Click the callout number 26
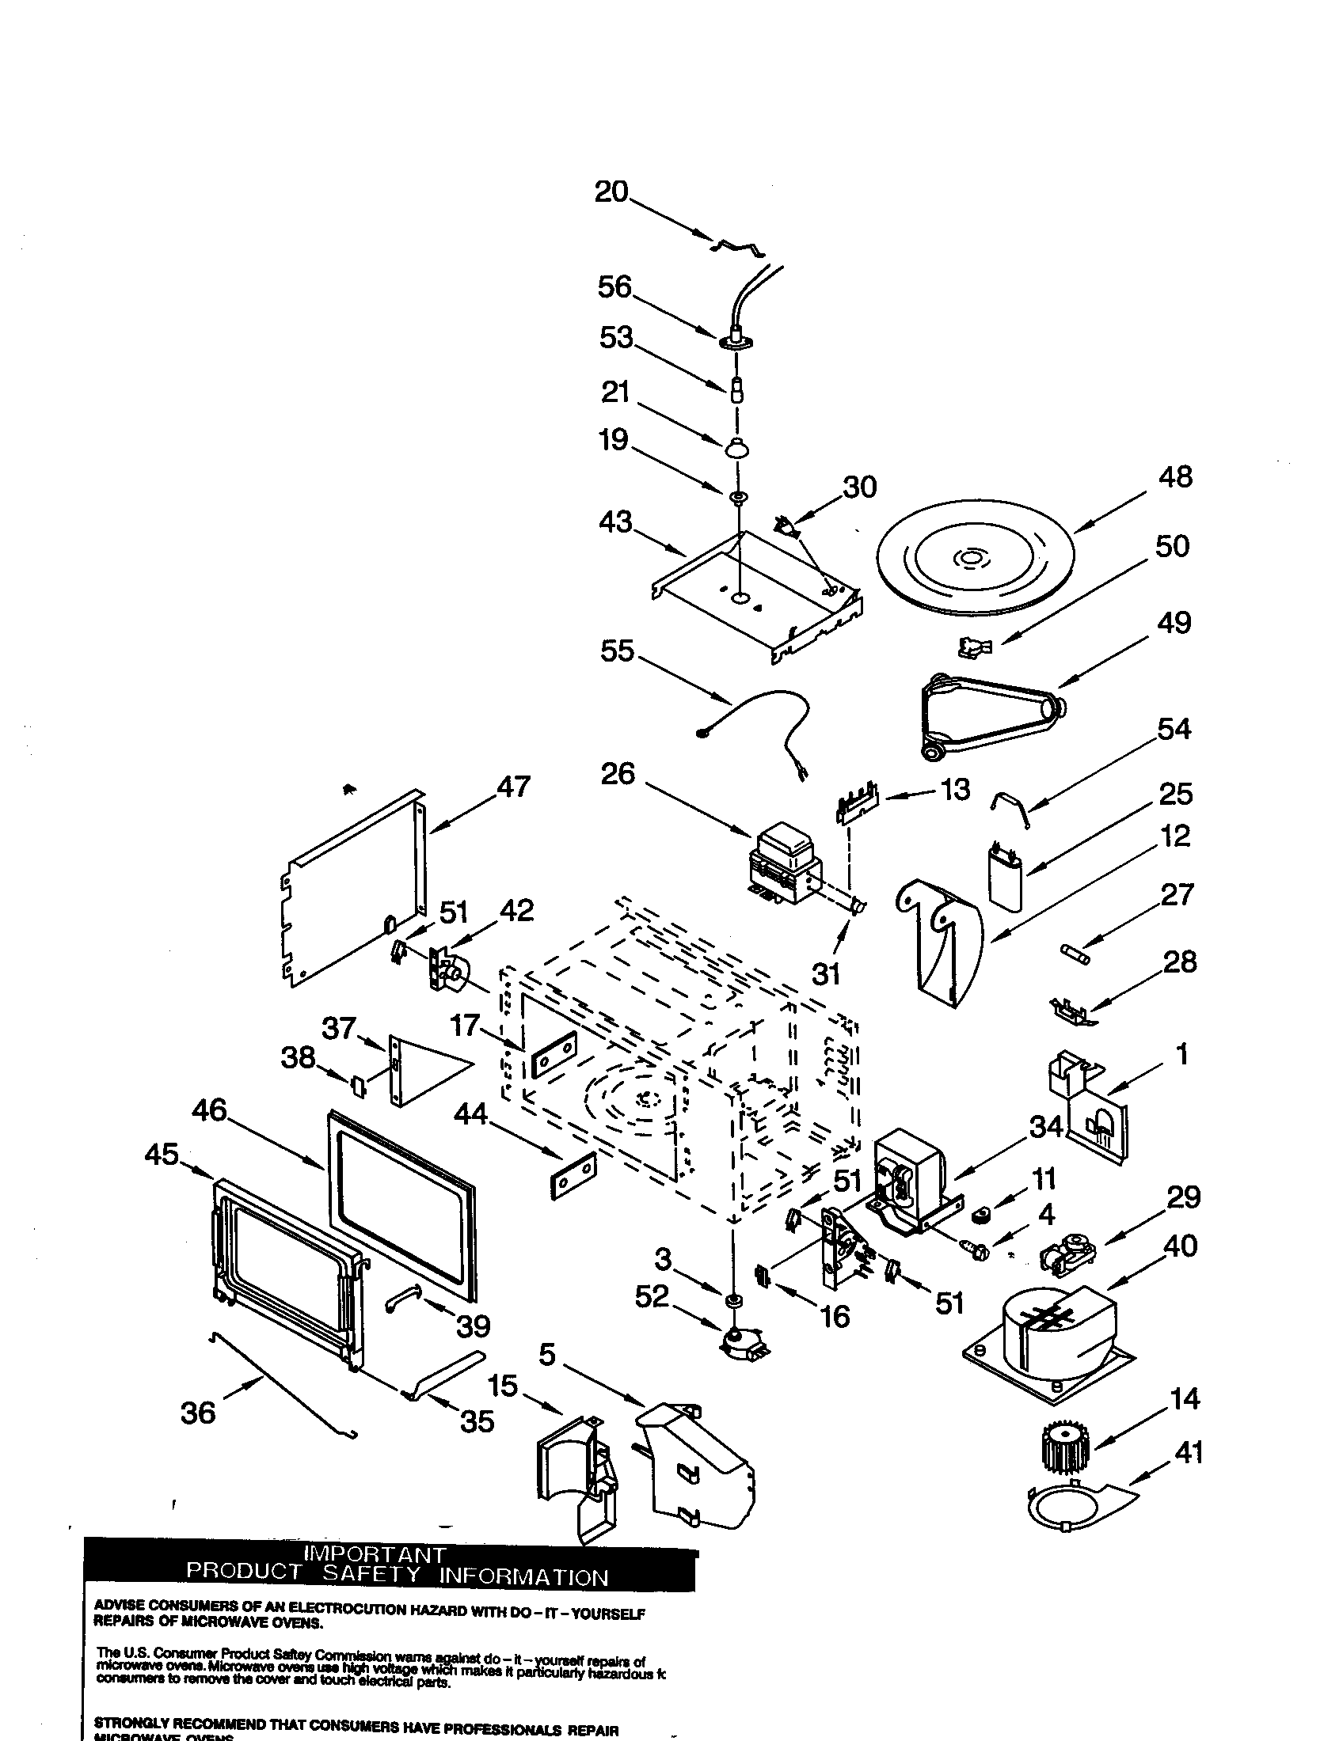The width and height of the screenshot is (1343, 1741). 618,773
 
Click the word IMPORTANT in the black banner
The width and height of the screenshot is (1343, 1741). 375,1555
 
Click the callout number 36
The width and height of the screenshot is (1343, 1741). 198,1413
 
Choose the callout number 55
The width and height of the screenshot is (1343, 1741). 618,651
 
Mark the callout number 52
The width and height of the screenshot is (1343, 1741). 652,1297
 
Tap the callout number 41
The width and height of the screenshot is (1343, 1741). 1189,1452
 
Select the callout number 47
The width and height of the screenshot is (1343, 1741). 514,787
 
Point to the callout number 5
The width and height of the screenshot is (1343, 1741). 546,1354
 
